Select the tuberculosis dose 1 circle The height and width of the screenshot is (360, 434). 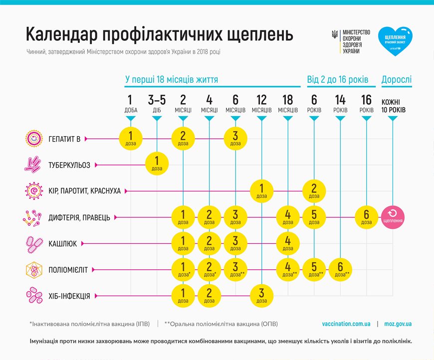[157, 165]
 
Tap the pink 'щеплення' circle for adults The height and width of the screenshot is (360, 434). [393, 217]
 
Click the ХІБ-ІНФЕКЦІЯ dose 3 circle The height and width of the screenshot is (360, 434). [261, 296]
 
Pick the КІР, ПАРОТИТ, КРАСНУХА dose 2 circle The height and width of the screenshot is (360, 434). [314, 191]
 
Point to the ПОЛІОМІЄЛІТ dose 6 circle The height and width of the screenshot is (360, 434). [341, 270]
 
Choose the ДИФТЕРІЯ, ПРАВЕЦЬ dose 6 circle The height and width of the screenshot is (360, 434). [367, 217]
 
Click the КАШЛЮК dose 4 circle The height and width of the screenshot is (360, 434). [288, 243]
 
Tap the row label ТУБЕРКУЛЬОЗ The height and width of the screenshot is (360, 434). [69, 165]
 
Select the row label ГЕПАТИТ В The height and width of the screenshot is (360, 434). [64, 139]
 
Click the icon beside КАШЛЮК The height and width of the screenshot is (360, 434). [34, 243]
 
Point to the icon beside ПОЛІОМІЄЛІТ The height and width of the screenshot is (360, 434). [34, 270]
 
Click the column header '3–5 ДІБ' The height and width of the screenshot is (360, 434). [157, 103]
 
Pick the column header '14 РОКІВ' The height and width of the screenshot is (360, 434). [340, 103]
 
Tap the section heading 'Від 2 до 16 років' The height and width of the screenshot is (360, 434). [338, 80]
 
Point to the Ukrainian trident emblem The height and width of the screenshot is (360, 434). [335, 34]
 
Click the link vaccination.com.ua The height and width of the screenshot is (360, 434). [346, 324]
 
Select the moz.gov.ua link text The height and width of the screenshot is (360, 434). [398, 324]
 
